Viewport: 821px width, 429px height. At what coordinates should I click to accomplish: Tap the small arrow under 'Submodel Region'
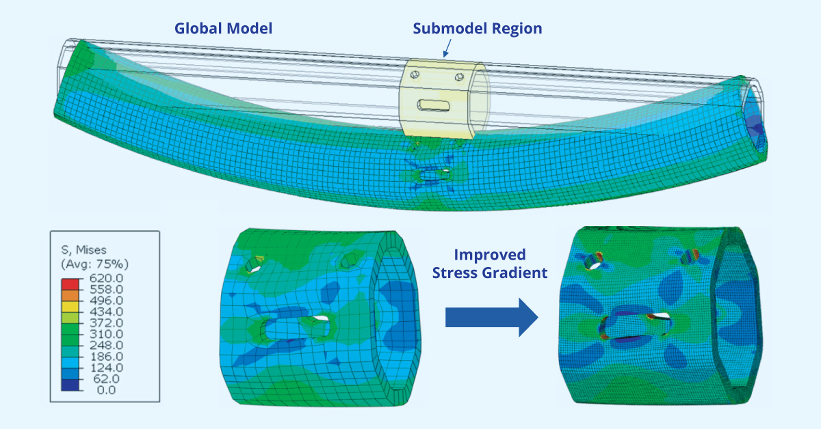(x=447, y=47)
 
